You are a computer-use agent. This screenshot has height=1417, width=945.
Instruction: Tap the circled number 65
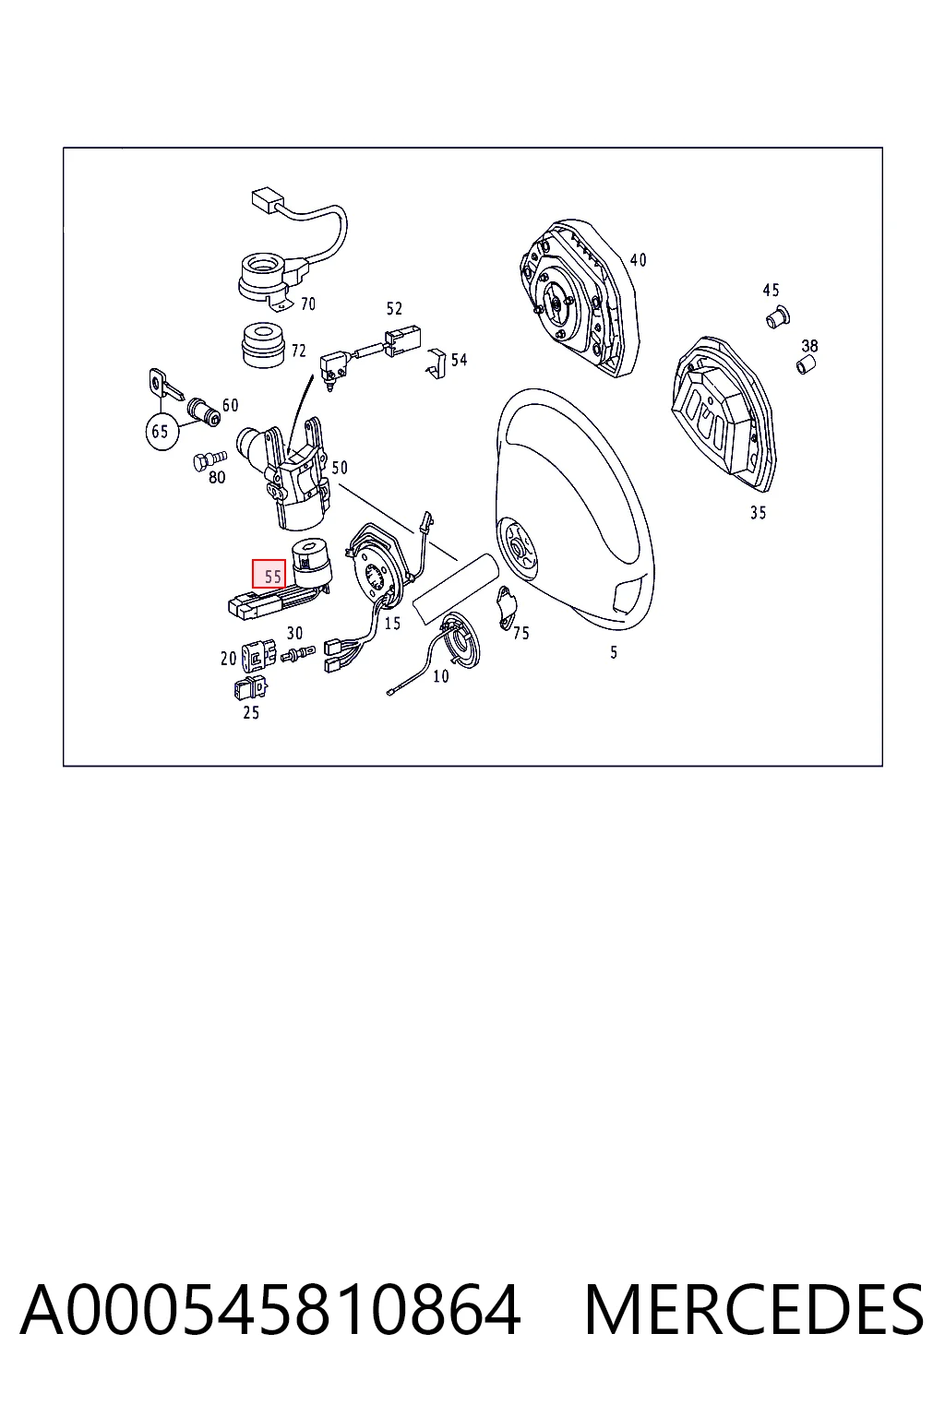161,432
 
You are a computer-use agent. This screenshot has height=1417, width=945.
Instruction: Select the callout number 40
638,260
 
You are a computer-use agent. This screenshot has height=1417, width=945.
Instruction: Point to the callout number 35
758,512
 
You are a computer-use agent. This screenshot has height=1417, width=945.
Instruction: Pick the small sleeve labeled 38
806,365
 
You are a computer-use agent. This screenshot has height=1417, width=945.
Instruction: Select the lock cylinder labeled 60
203,411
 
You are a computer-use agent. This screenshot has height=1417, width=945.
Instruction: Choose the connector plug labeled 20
259,655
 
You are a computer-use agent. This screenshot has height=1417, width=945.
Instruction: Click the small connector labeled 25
250,688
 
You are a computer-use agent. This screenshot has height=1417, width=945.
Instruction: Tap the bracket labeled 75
507,608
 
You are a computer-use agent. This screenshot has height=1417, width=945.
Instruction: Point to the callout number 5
614,652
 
